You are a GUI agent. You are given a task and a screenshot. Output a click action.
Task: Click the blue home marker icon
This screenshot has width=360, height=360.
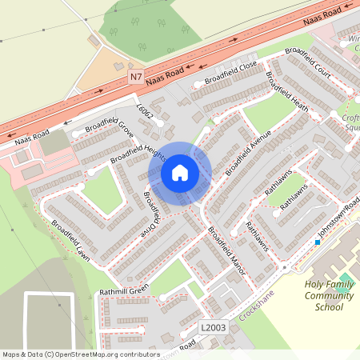point(180,173)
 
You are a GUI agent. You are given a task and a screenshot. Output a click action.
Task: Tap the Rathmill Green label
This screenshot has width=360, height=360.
point(125,291)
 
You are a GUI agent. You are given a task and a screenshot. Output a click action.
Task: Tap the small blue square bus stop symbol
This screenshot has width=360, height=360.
point(317,242)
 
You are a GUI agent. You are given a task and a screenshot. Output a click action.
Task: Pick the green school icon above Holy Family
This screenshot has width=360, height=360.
point(345,278)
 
